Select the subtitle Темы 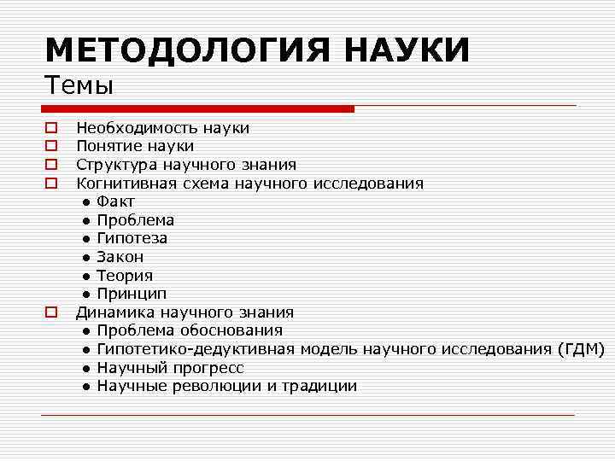pos(79,85)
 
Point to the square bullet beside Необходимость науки pos(51,128)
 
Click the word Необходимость pos(137,128)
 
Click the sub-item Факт pos(115,201)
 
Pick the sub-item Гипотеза pos(132,238)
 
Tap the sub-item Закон pos(120,257)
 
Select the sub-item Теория pos(125,276)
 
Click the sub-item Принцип pos(131,294)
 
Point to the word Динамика pos(112,312)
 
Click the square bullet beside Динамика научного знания pos(51,312)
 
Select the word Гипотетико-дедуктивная pos(196,349)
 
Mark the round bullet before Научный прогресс pos(87,368)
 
